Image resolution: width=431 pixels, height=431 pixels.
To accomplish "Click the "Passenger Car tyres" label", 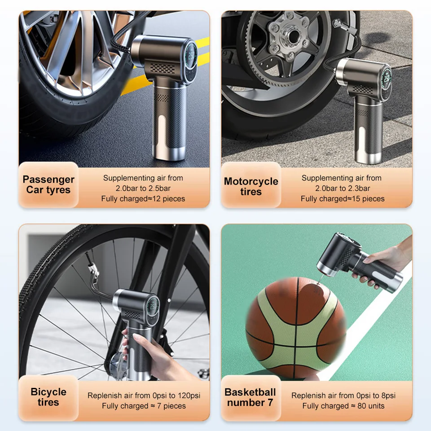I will click(48, 185).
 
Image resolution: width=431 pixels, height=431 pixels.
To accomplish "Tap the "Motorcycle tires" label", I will click(251, 186).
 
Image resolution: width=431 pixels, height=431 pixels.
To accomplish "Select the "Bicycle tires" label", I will click(48, 397).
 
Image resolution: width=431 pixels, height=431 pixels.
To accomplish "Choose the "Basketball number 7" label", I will click(250, 397).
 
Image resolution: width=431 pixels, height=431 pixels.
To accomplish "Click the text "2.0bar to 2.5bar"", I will click(143, 189).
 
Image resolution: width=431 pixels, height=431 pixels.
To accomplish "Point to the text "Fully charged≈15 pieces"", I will click(343, 199).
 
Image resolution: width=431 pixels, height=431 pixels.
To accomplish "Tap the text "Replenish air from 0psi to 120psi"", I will click(144, 396).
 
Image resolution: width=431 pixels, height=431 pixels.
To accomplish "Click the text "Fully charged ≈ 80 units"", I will click(343, 406).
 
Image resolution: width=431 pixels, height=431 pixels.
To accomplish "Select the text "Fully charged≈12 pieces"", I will click(143, 199).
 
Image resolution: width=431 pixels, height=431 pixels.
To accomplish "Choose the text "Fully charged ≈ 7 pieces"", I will click(144, 406).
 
